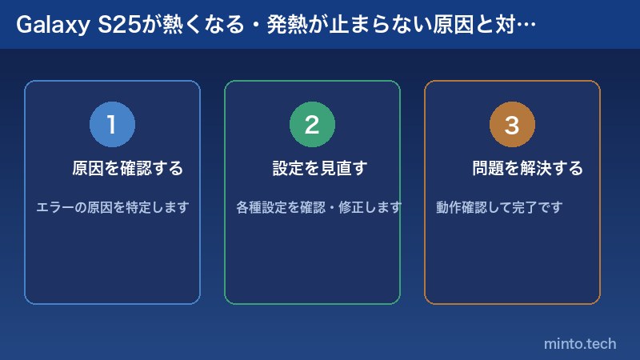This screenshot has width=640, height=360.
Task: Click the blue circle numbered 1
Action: [112, 125]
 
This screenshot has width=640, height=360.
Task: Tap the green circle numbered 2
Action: [312, 125]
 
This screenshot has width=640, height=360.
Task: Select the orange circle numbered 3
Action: [512, 125]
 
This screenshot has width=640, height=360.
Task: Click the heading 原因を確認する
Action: [127, 169]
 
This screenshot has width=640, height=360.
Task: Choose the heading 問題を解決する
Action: [527, 169]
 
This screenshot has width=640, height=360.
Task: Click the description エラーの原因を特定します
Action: [112, 207]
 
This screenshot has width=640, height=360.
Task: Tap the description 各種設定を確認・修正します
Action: [318, 207]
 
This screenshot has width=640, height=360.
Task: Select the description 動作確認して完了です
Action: [499, 207]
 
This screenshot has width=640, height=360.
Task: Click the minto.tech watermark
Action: [580, 344]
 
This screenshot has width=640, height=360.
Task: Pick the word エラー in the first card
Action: [54, 207]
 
